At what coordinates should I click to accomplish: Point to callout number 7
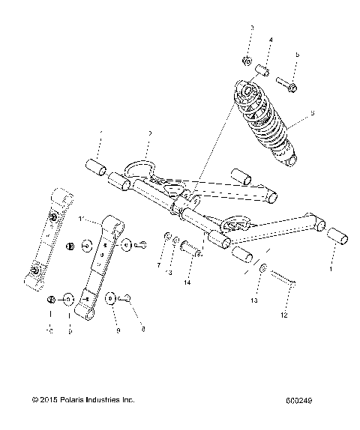pos(158,264)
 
